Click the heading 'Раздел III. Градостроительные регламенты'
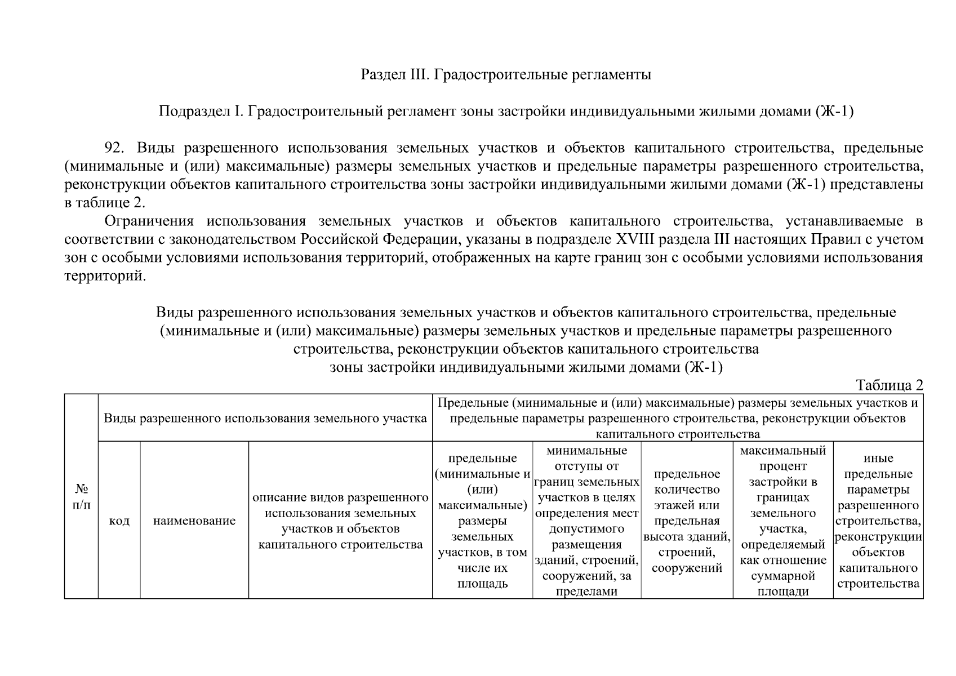[x=505, y=74]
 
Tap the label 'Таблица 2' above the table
[x=889, y=385]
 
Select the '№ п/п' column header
[x=81, y=496]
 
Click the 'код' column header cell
[x=119, y=521]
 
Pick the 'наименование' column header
[x=194, y=521]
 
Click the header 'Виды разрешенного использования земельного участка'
[x=265, y=419]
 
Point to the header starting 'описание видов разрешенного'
[x=340, y=521]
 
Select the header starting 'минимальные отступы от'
[x=586, y=521]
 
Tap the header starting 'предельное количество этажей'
[x=687, y=521]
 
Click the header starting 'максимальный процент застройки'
[x=782, y=521]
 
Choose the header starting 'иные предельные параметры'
[x=878, y=521]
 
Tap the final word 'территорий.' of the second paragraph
[x=105, y=277]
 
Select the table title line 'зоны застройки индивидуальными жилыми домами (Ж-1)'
[x=526, y=367]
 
